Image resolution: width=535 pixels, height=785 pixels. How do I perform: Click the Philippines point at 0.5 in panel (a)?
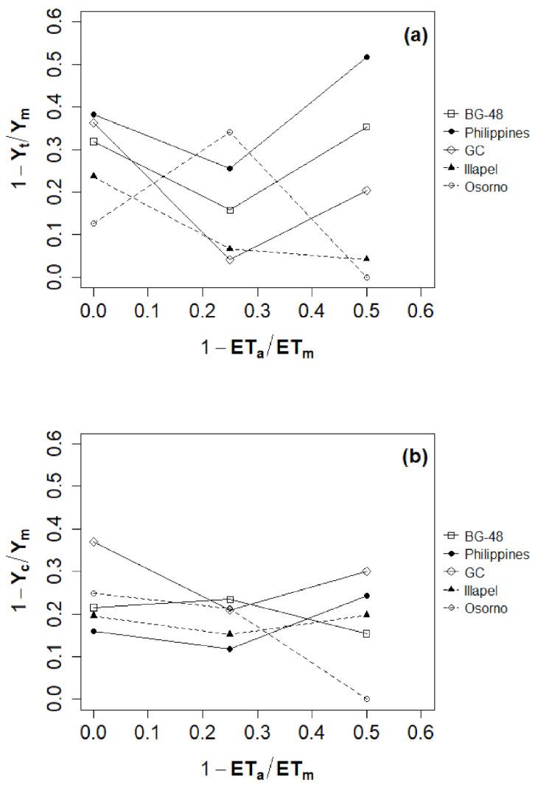point(367,57)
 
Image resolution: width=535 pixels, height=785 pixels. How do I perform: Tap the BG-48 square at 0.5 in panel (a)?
point(367,127)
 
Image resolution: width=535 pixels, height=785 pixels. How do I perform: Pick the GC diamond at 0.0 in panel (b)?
point(94,541)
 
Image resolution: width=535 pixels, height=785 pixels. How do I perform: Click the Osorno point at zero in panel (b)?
point(367,699)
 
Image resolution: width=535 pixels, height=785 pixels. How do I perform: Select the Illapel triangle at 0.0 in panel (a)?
point(94,176)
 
